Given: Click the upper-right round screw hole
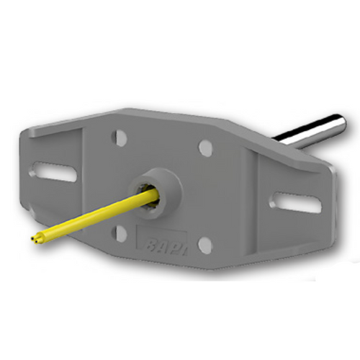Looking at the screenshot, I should [206, 147].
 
